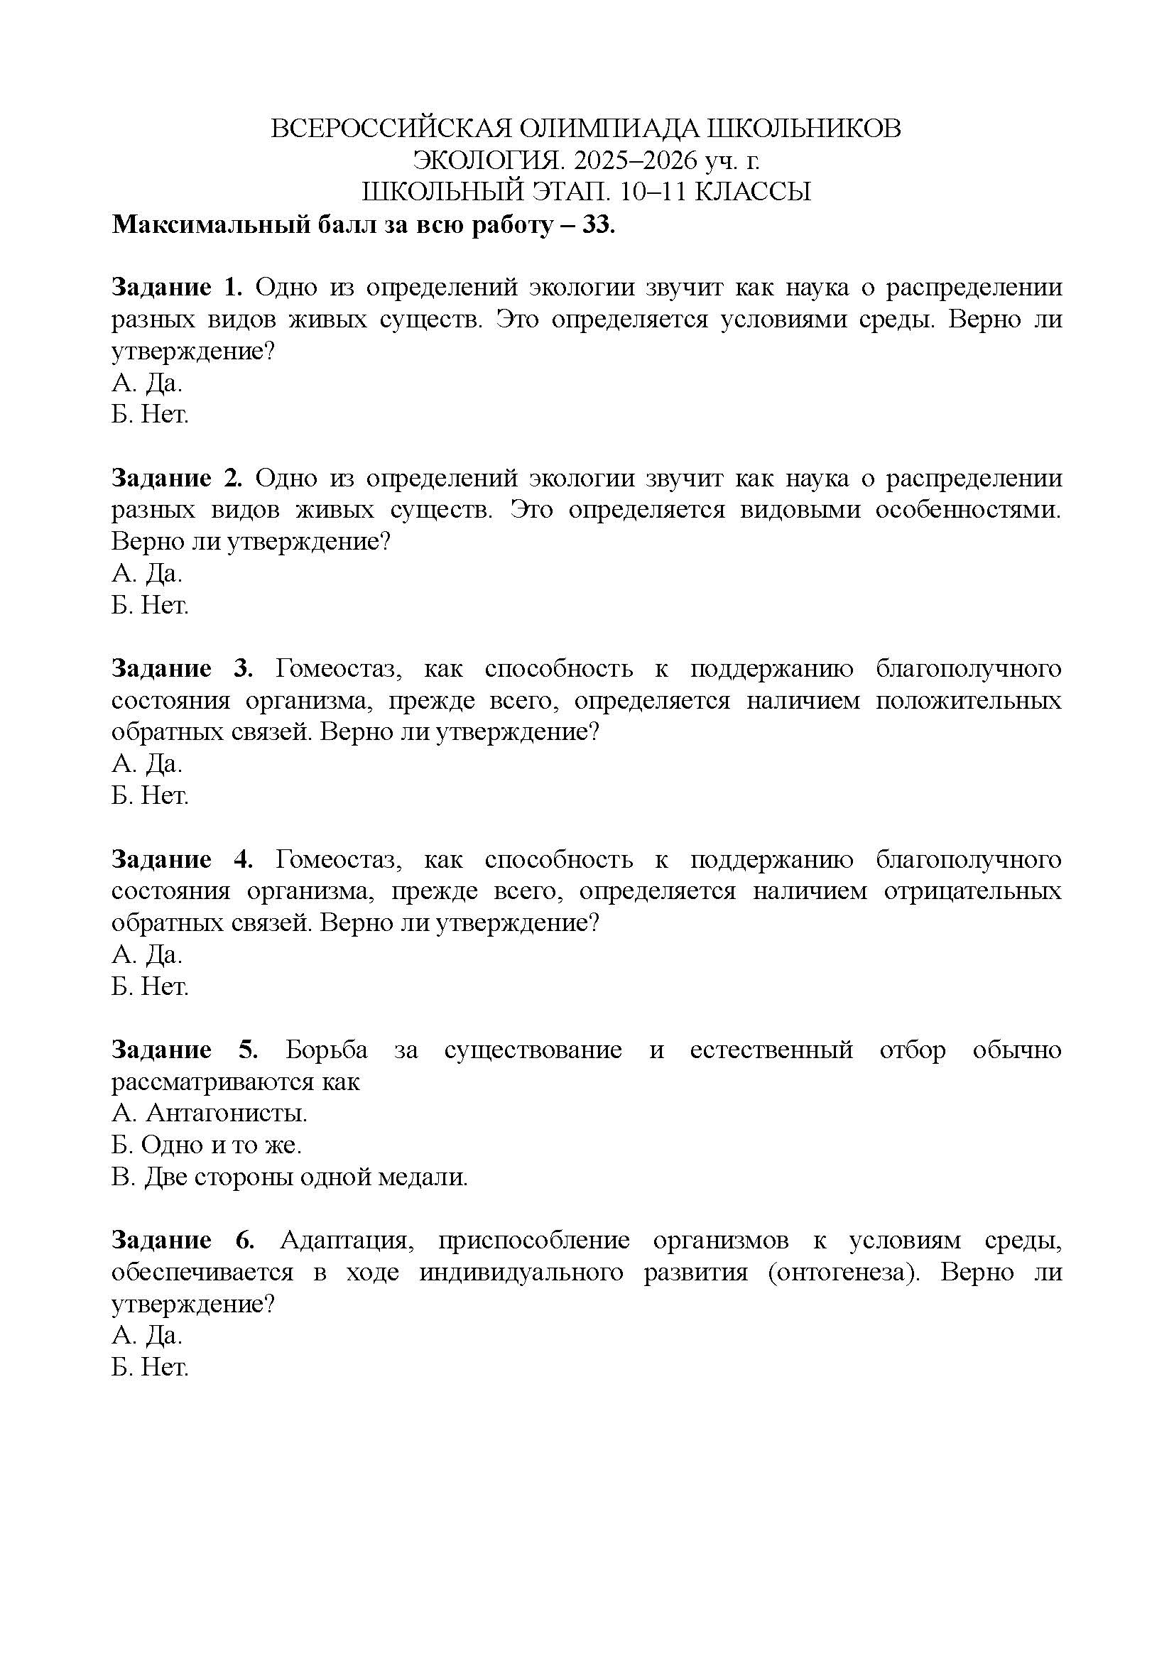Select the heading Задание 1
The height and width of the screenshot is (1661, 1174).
tap(178, 287)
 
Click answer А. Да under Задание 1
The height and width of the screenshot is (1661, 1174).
tap(147, 383)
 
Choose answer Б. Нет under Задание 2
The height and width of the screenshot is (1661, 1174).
tap(150, 605)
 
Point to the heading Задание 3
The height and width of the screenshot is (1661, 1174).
tap(183, 668)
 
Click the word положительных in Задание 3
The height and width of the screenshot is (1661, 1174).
tap(969, 700)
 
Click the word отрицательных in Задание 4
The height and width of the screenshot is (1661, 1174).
tap(972, 891)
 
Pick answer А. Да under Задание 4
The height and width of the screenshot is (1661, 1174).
tap(147, 955)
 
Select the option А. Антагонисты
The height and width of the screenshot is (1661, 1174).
tap(210, 1113)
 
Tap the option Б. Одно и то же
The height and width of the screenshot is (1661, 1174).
tap(207, 1145)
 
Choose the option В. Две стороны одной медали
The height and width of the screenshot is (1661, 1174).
tap(290, 1177)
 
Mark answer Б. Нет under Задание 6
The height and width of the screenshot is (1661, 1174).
tap(150, 1367)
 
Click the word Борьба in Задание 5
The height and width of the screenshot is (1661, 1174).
tap(326, 1050)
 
